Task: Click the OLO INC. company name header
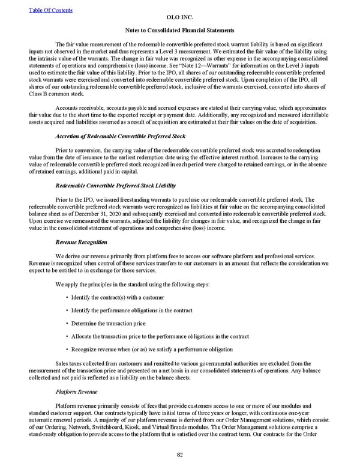pyautogui.click(x=179, y=17)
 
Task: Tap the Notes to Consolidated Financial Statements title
pyautogui.click(x=179, y=29)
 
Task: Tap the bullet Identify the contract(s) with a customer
pyautogui.click(x=117, y=297)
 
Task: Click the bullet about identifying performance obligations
pyautogui.click(x=131, y=310)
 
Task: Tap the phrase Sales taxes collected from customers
pyautogui.click(x=101, y=363)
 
